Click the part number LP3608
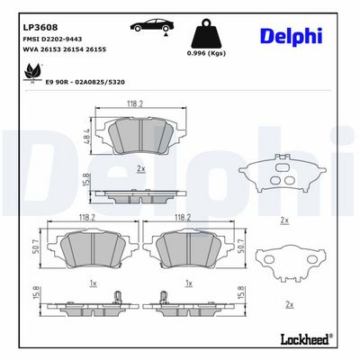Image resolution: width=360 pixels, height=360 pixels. coord(40,28)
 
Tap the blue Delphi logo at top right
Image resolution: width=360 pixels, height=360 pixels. coord(292,37)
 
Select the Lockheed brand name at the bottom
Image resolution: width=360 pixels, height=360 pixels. coord(305,339)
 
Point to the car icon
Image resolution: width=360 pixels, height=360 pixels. coord(152,25)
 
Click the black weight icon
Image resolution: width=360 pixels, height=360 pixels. coord(206,33)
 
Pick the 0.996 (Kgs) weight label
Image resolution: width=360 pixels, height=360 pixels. coord(206,53)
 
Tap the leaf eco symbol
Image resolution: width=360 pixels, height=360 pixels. coord(32,72)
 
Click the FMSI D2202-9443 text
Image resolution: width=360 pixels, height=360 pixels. coord(52,40)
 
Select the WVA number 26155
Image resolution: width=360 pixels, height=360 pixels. coord(95,49)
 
